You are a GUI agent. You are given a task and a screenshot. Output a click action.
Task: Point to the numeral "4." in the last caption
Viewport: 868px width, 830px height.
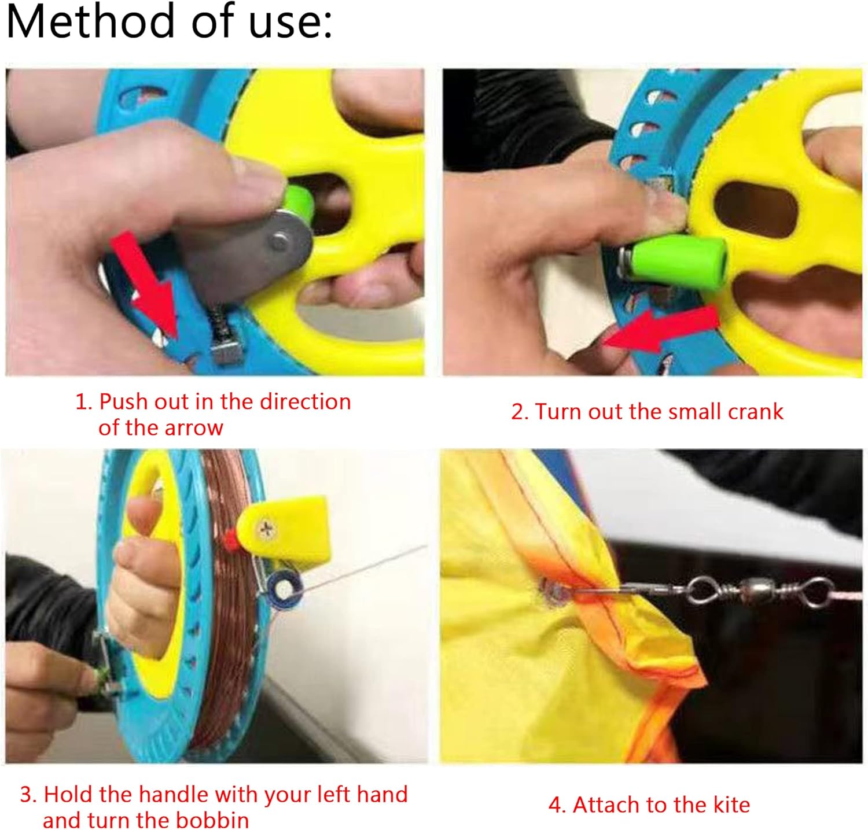pyautogui.click(x=557, y=805)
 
